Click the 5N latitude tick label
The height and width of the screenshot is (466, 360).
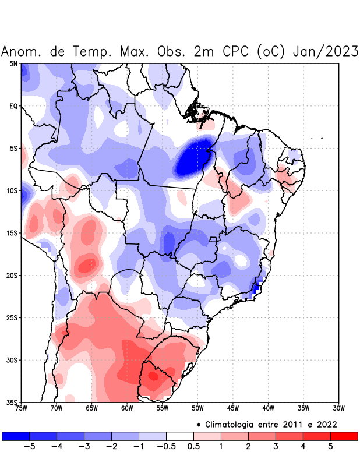(13, 64)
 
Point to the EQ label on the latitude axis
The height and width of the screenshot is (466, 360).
(13, 107)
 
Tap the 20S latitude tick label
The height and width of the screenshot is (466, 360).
(12, 276)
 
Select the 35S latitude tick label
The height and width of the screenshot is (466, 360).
(12, 402)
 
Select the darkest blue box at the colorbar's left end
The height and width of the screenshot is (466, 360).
(16, 436)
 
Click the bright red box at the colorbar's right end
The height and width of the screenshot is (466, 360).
(344, 436)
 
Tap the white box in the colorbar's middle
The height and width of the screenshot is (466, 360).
(179, 436)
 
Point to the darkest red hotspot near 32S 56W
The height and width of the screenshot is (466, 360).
(153, 376)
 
